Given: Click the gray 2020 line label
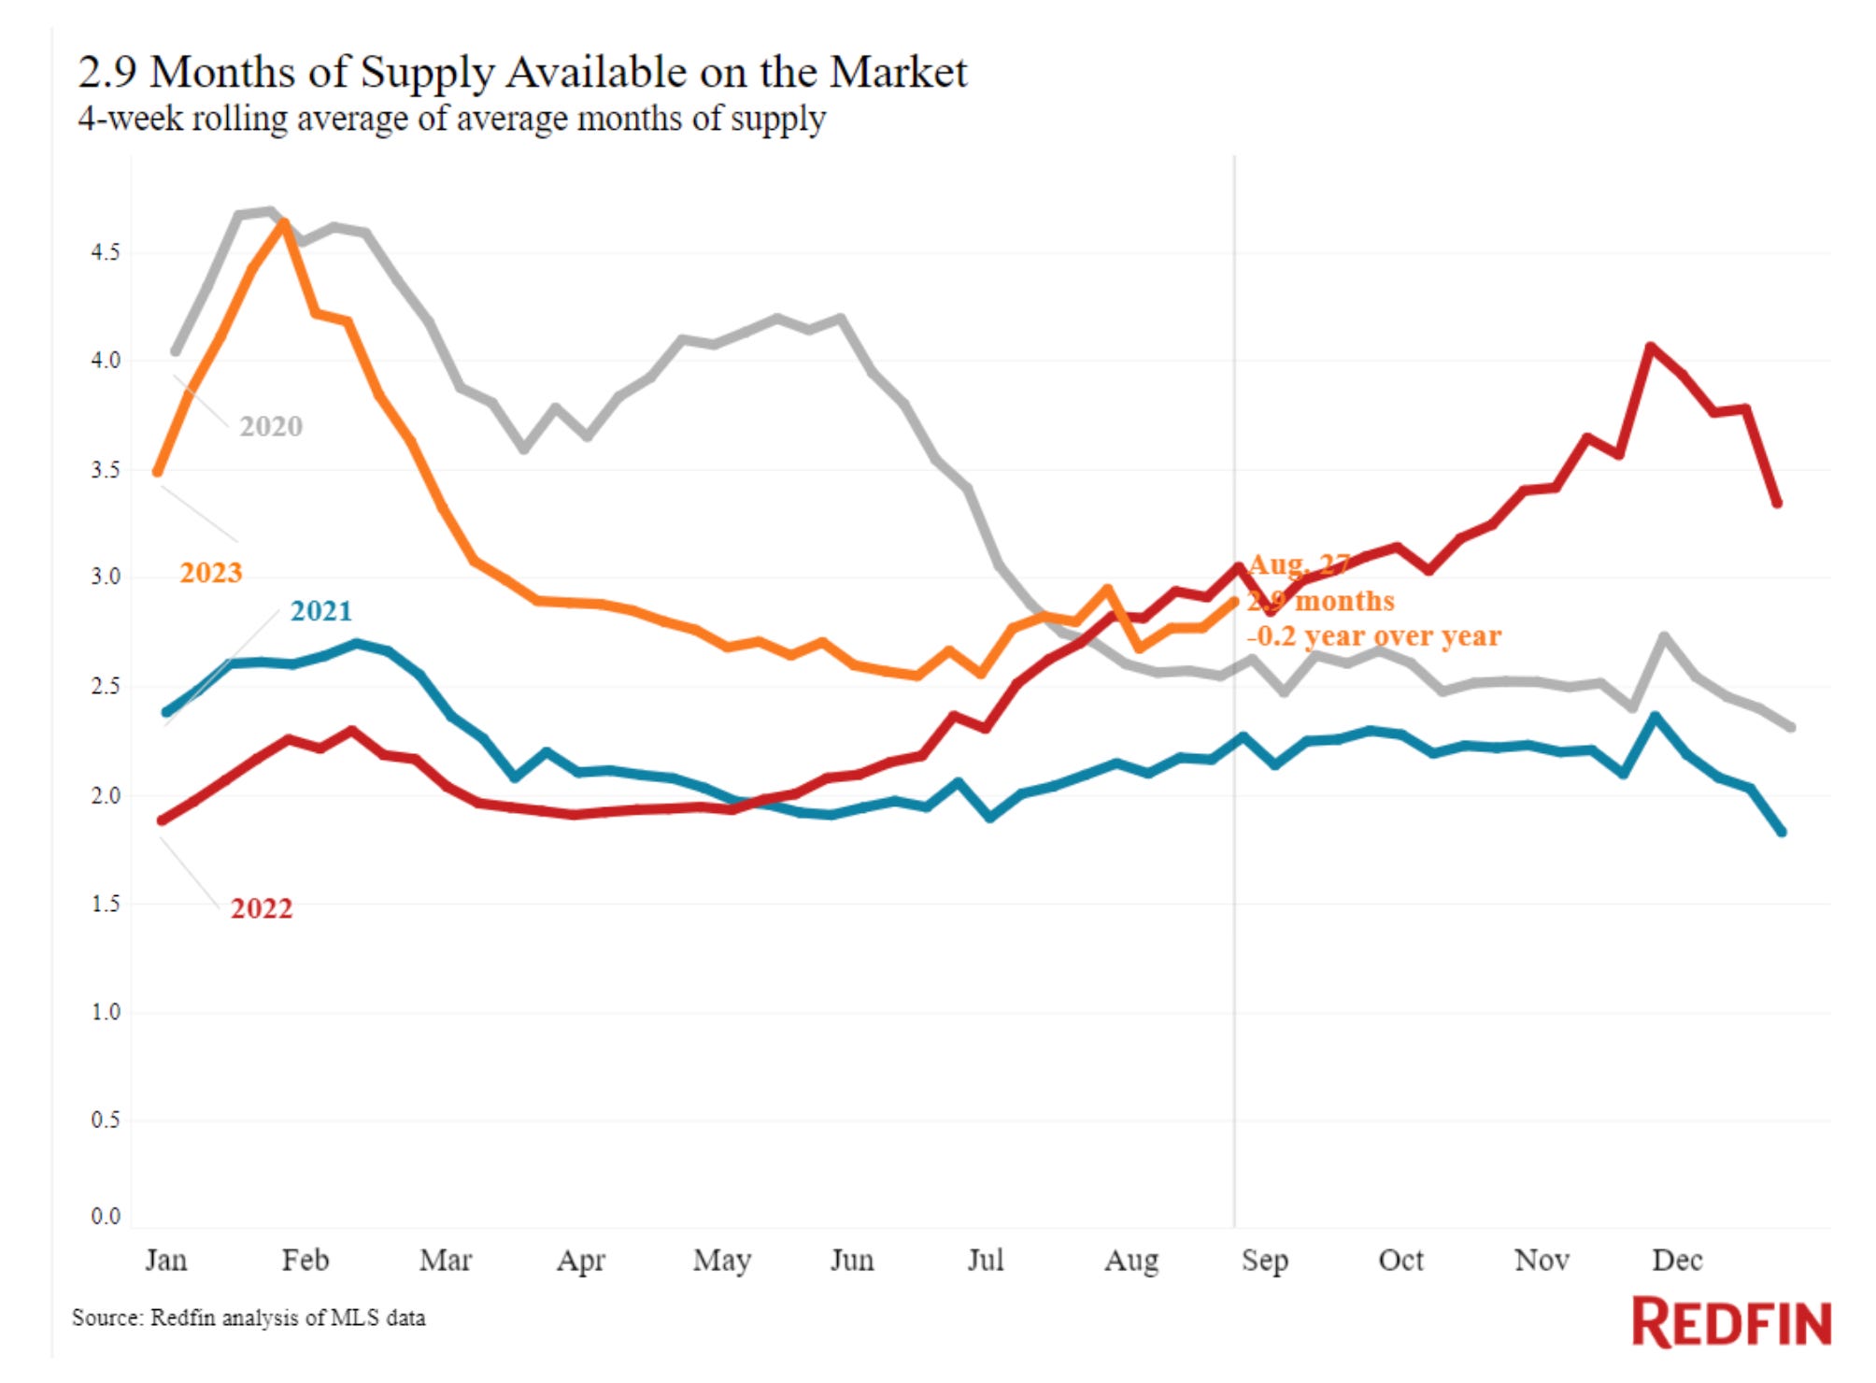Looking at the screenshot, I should pyautogui.click(x=271, y=426).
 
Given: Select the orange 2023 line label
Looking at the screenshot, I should pyautogui.click(x=210, y=572).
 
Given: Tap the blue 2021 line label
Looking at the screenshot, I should pyautogui.click(x=321, y=610).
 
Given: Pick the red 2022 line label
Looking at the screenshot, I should pyautogui.click(x=262, y=908).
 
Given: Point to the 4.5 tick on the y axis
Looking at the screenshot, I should pyautogui.click(x=105, y=252).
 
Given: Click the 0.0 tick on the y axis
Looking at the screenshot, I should pyautogui.click(x=105, y=1216).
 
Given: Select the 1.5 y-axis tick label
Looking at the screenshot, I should pyautogui.click(x=105, y=904).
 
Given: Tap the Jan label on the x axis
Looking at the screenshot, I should pyautogui.click(x=166, y=1260).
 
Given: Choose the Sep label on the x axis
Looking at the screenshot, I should pyautogui.click(x=1265, y=1260).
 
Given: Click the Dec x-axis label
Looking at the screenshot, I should pyautogui.click(x=1677, y=1260).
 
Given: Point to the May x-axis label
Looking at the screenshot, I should pyautogui.click(x=721, y=1260).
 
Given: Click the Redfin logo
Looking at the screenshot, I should pyautogui.click(x=1731, y=1322).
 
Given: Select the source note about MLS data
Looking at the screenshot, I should pyautogui.click(x=249, y=1318).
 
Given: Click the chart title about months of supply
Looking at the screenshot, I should pyautogui.click(x=522, y=72).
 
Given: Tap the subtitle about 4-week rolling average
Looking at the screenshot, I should pyautogui.click(x=451, y=119).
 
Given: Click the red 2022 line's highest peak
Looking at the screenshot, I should pyautogui.click(x=1651, y=347).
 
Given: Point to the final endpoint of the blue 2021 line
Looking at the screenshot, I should pyautogui.click(x=1782, y=831).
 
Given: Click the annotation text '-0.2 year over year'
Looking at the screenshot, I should pyautogui.click(x=1374, y=636).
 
